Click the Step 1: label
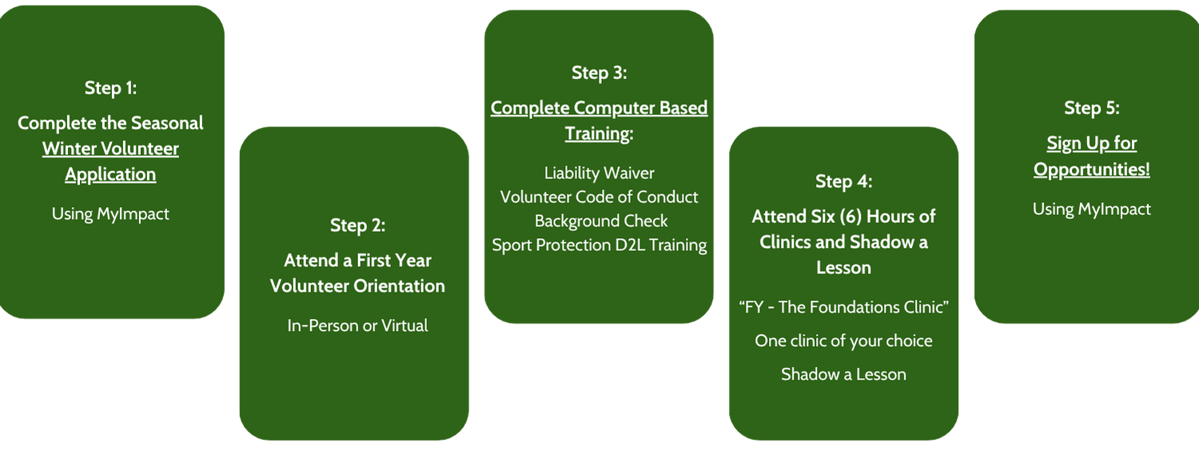(110, 88)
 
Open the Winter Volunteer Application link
(110, 161)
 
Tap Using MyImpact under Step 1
(110, 213)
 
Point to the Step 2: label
(357, 225)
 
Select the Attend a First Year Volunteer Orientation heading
(357, 273)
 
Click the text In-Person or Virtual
(357, 325)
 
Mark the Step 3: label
(599, 73)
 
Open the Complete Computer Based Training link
(599, 120)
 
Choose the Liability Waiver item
(599, 173)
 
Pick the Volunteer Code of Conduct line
(599, 197)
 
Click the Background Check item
(600, 221)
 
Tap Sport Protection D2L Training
(599, 245)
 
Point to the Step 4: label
(843, 181)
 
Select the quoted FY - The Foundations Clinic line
(843, 308)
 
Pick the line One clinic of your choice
(843, 340)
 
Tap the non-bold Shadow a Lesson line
(843, 374)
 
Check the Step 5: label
(1091, 108)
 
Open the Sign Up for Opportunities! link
(1091, 157)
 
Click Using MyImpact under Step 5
(1091, 209)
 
